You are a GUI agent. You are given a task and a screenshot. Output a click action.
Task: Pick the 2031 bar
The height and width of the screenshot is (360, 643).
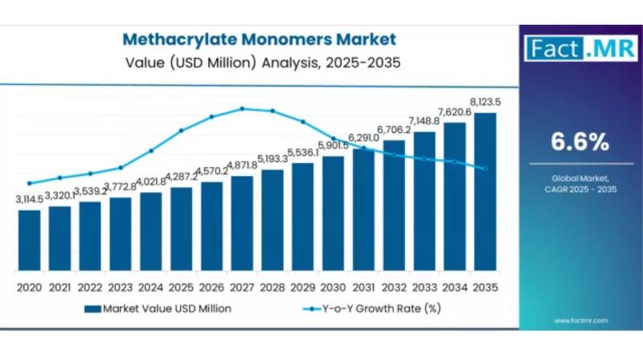click(x=363, y=210)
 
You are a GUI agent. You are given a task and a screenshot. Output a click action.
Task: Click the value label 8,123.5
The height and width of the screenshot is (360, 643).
click(x=485, y=102)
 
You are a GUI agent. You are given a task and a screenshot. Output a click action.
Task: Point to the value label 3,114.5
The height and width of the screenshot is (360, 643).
click(x=29, y=199)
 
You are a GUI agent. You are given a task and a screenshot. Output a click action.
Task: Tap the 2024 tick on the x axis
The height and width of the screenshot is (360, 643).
click(x=150, y=287)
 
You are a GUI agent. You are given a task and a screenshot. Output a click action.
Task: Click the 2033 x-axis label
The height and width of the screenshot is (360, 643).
click(x=424, y=287)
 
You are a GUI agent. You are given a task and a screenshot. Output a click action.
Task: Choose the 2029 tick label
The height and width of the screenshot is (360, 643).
click(x=302, y=287)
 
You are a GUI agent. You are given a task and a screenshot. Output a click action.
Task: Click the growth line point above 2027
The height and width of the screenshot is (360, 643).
click(x=242, y=108)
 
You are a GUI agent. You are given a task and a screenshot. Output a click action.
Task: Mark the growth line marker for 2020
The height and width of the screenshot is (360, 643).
click(x=29, y=183)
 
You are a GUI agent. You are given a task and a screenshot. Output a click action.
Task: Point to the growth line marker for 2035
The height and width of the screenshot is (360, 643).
click(x=485, y=168)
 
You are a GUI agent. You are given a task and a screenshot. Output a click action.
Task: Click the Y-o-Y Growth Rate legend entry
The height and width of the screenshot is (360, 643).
click(x=372, y=309)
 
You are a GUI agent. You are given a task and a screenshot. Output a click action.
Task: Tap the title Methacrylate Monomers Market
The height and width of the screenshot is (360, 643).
click(x=260, y=39)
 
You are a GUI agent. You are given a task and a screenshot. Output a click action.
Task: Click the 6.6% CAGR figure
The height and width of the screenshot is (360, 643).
click(x=580, y=142)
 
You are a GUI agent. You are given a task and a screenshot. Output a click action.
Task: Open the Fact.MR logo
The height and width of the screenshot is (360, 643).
click(x=580, y=48)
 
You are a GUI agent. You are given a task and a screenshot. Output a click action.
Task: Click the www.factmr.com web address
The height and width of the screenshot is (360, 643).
click(x=580, y=321)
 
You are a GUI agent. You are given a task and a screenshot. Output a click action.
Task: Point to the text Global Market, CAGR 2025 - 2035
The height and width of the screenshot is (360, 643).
click(x=580, y=183)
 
